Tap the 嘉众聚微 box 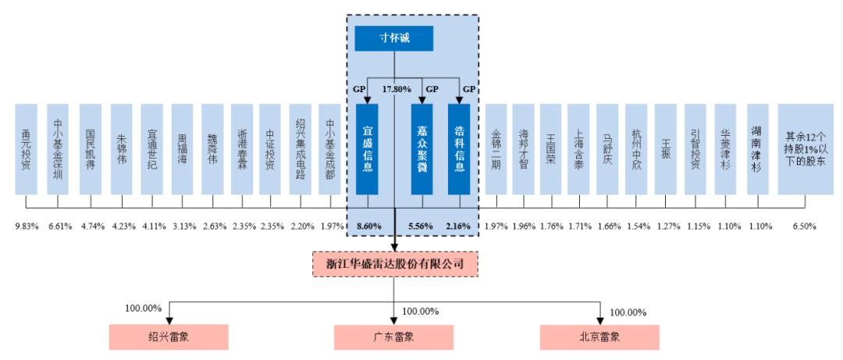[x=421, y=148]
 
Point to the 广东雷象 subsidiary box [x=393, y=337]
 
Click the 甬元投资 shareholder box [x=27, y=148]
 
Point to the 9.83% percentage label [x=27, y=226]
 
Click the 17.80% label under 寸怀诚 [x=397, y=90]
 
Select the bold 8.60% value [x=369, y=226]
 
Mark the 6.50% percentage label [x=804, y=226]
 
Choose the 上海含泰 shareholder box [x=578, y=148]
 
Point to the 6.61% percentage [x=60, y=226]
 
